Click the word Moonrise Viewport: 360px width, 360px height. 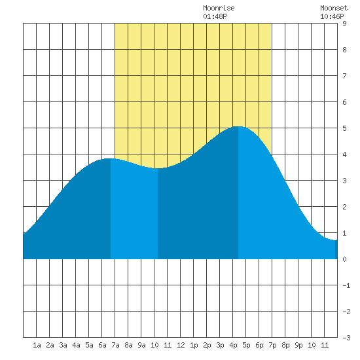click(219, 9)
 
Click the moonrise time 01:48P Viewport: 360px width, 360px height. click(215, 16)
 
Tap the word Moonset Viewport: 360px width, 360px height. click(334, 9)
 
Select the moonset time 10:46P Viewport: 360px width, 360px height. click(332, 16)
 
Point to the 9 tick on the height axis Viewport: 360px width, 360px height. click(344, 24)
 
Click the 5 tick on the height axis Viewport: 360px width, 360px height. click(344, 128)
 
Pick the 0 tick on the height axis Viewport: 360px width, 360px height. click(344, 259)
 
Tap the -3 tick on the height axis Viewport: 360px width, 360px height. click(346, 338)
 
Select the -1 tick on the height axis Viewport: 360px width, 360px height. click(346, 285)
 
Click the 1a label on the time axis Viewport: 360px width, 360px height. click(37, 345)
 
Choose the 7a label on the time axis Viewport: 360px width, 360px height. click(115, 345)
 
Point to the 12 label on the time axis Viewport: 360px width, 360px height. click(181, 345)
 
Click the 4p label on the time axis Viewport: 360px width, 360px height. click(233, 345)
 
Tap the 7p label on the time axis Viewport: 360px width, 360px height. click(272, 345)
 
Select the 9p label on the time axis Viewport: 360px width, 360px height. click(298, 345)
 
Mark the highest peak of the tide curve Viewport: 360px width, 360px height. click(238, 126)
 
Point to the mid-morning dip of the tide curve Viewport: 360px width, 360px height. click(158, 168)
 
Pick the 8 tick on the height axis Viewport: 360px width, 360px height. click(344, 50)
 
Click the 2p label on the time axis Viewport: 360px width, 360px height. click(207, 345)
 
